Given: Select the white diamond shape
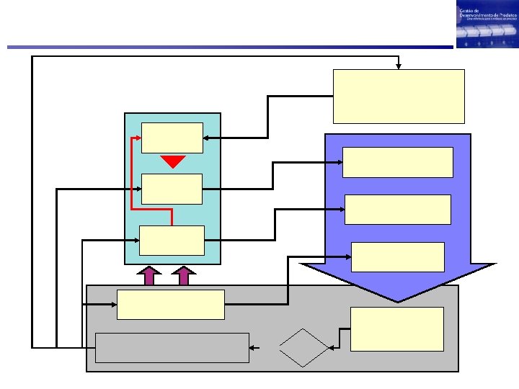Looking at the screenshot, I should (x=303, y=349).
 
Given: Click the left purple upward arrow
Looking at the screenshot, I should (x=150, y=276).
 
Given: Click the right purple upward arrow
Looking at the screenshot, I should (x=185, y=276).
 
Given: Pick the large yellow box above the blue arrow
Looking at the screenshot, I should (x=399, y=96).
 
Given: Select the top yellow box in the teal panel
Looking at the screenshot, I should (x=172, y=138).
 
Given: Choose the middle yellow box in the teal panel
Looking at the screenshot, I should (x=172, y=189).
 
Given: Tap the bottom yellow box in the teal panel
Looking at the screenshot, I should (x=172, y=240).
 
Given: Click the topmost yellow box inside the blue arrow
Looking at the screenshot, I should (x=398, y=162).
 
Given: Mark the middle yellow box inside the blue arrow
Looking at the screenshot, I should (x=398, y=209).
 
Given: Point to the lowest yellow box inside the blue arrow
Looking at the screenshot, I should (x=398, y=256).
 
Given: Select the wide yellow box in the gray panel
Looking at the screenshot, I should (x=171, y=304).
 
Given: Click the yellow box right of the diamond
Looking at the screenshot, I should (x=396, y=329).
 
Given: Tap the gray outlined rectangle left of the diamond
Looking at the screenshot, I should (x=172, y=347).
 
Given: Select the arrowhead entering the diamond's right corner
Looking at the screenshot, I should (x=329, y=349).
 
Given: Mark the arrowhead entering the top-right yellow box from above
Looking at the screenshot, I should (x=399, y=67).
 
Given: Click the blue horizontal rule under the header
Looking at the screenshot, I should (x=231, y=48).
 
